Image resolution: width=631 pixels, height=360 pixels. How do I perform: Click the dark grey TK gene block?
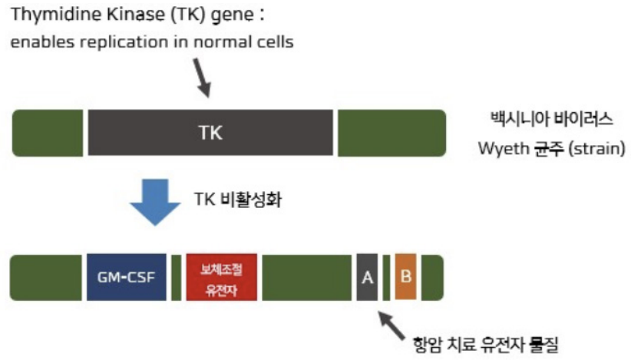210,132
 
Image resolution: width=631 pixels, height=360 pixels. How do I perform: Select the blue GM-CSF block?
127,277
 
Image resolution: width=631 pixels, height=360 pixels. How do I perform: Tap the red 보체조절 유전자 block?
221,277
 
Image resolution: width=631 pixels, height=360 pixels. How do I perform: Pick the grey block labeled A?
367,277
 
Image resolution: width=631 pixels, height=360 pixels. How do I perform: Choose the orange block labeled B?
405,277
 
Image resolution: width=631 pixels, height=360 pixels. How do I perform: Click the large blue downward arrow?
155,202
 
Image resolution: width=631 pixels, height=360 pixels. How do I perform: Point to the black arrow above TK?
202,78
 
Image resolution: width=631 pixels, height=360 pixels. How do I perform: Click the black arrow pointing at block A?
391,326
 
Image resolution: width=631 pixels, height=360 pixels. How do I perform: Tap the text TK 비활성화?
238,199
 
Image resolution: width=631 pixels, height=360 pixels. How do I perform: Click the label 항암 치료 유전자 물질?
486,345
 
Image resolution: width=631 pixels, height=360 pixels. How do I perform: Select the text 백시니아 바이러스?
551,119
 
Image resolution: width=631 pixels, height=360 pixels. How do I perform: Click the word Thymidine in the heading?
56,15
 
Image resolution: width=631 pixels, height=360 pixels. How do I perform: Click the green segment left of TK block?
48,133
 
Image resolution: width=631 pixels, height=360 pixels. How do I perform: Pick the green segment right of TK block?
392,133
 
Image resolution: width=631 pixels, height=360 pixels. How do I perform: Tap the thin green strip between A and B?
386,277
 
